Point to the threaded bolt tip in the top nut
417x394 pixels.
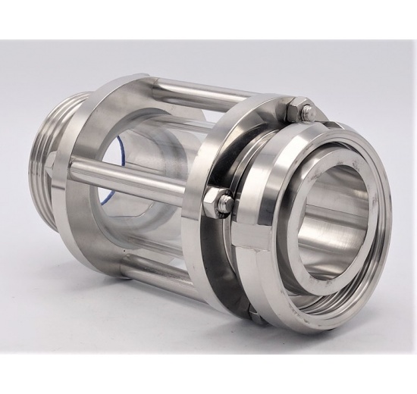[306, 112]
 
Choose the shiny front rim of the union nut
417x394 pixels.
[379, 250]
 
